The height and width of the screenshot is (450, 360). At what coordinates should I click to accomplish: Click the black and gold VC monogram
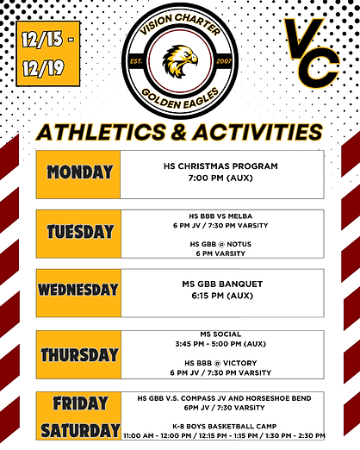313,53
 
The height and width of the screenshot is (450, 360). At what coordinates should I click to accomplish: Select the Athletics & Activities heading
180,133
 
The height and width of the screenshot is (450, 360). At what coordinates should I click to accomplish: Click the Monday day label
79,172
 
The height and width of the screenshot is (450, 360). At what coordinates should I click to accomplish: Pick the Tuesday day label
79,232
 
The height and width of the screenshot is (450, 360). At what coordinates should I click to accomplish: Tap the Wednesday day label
78,290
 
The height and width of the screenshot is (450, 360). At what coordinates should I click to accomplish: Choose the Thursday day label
79,354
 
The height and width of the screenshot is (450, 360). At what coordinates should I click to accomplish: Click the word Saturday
79,429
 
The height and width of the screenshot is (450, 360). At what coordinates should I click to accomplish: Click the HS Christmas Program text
228,166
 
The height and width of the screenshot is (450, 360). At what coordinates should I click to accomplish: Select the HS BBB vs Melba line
228,216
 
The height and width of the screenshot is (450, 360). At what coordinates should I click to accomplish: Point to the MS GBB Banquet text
228,284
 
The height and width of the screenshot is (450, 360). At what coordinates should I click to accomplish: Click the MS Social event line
228,334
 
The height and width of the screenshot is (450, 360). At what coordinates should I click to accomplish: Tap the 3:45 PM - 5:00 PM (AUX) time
228,343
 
